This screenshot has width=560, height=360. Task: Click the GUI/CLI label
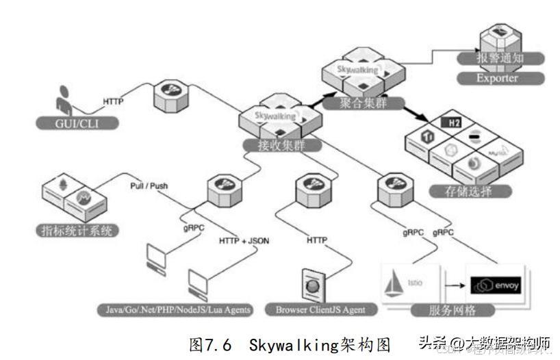coord(76,123)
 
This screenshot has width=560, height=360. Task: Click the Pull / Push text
coord(149,185)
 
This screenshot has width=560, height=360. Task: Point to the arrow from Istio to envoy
coord(453,282)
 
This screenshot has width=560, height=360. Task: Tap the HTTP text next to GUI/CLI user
coord(114,101)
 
